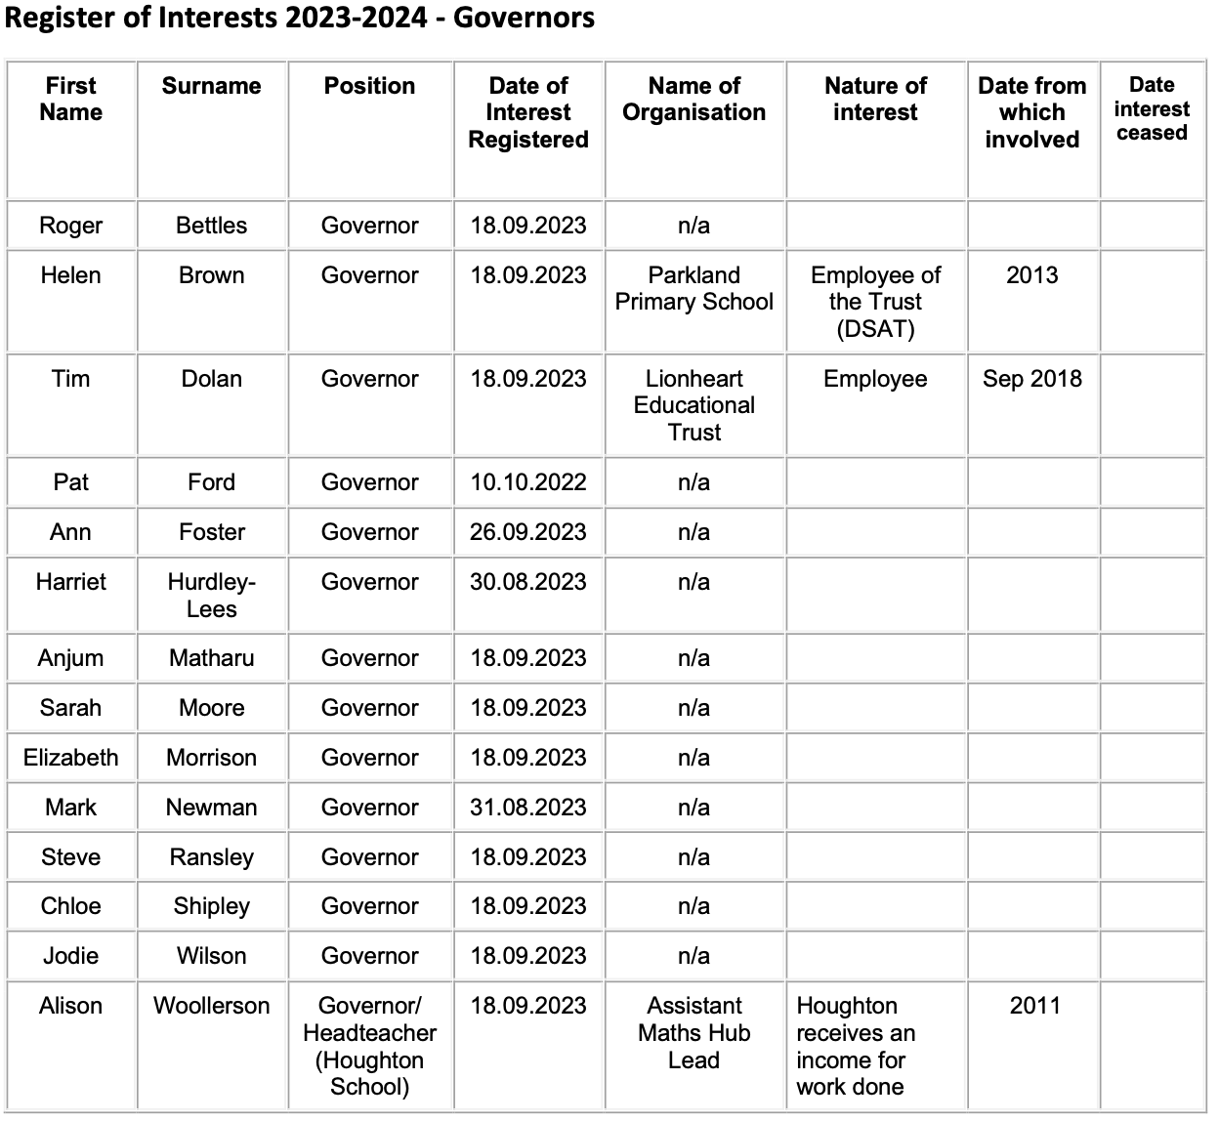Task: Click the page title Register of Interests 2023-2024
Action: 300,19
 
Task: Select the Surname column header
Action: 211,86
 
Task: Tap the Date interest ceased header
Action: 1152,108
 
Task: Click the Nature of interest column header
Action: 875,99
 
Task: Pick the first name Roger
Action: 70,226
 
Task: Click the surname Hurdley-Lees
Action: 211,596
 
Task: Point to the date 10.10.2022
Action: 528,482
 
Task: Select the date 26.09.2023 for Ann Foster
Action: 528,532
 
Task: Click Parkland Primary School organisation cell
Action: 694,289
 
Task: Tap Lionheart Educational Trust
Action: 694,405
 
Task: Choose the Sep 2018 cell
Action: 1032,379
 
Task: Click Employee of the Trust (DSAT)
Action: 875,302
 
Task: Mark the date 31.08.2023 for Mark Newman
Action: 528,808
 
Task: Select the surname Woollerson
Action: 211,1006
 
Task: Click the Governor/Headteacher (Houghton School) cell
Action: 369,1046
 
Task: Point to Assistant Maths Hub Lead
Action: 694,1033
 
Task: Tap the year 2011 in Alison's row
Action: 1034,1006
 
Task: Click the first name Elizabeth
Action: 70,758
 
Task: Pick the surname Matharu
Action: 211,658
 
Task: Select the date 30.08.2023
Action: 528,582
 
